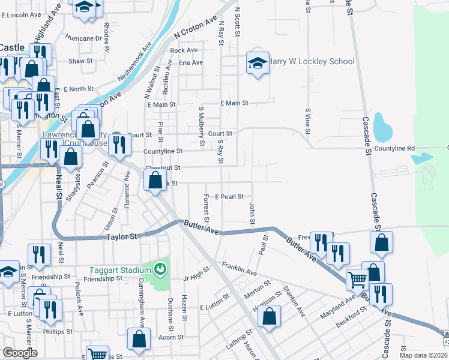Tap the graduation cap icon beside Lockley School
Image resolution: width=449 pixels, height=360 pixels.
click(x=257, y=62)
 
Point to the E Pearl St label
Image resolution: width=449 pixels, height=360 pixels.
click(x=229, y=197)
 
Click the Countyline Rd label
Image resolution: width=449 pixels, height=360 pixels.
click(x=394, y=148)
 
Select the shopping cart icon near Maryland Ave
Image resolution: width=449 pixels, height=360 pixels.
click(x=357, y=279)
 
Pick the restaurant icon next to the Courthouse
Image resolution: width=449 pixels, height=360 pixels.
click(x=122, y=144)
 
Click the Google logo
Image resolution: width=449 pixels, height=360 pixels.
click(x=20, y=353)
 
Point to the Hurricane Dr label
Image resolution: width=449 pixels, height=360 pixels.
click(x=84, y=38)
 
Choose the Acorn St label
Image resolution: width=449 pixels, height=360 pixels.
click(x=170, y=337)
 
